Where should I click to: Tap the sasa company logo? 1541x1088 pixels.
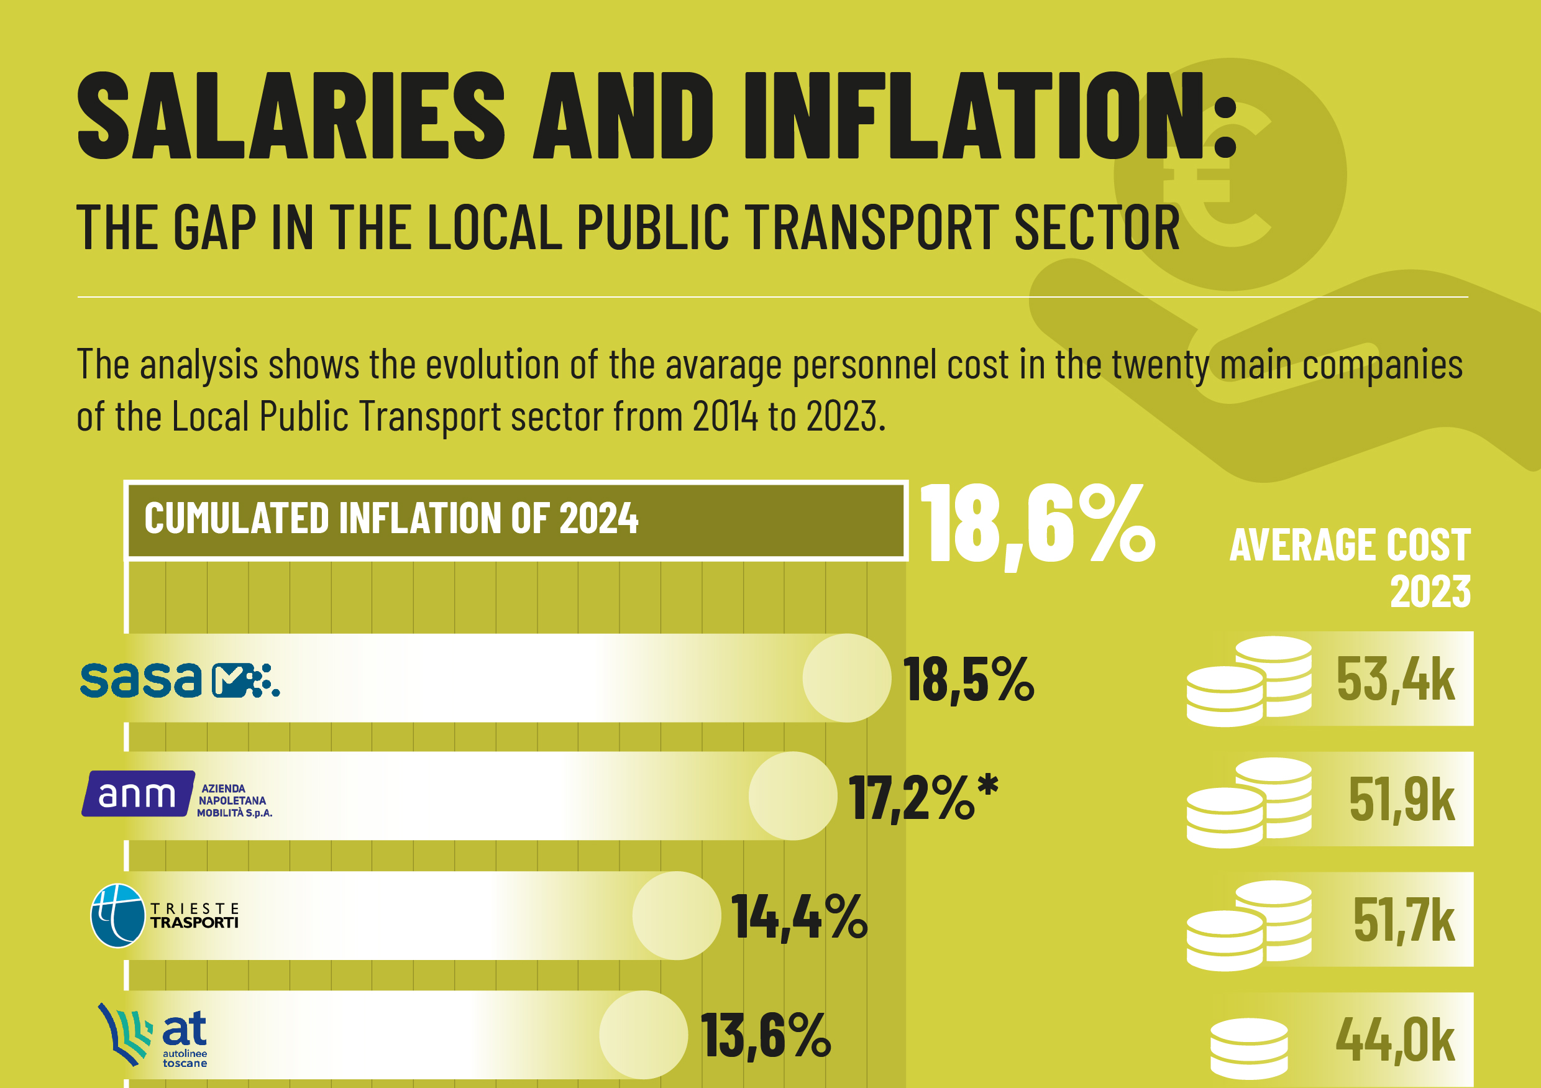point(179,679)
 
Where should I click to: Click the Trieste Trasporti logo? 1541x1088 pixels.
point(165,915)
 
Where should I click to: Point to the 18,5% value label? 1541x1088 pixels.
point(968,680)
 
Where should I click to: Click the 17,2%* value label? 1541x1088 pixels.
point(923,797)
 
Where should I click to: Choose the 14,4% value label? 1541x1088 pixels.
point(798,917)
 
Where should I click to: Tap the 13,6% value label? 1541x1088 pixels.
point(766,1036)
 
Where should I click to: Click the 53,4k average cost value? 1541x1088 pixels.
point(1396,680)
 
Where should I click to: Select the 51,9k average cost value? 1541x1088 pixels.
point(1401,800)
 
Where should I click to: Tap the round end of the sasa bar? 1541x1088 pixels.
point(846,678)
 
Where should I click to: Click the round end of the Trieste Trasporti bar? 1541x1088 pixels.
point(677,915)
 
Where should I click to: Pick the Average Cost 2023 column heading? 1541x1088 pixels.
point(1350,567)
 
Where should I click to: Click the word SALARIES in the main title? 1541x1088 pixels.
point(291,116)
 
